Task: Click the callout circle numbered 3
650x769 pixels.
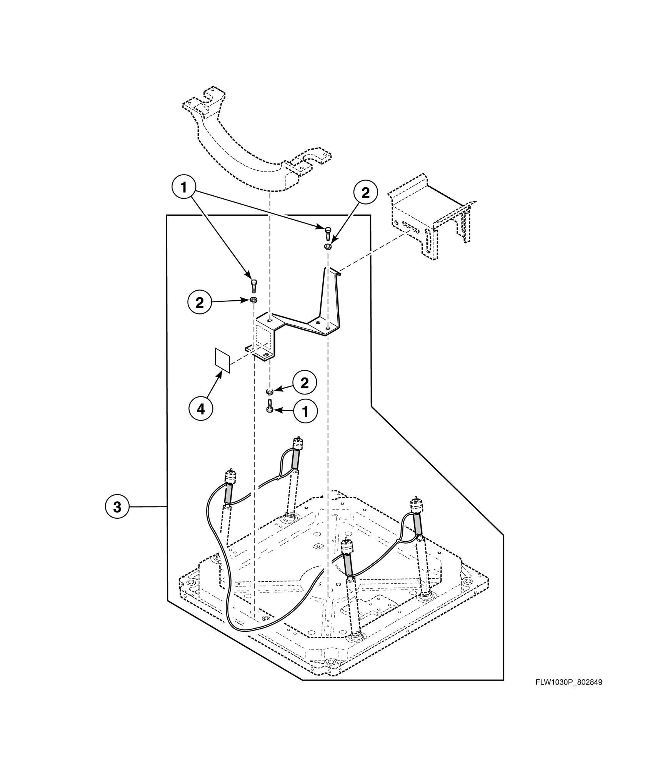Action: pyautogui.click(x=117, y=507)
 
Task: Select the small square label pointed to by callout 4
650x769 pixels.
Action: pyautogui.click(x=222, y=360)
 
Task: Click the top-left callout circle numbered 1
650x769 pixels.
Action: pyautogui.click(x=183, y=188)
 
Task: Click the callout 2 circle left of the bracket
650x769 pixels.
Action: pyautogui.click(x=200, y=303)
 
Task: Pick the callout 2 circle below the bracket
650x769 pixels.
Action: pyautogui.click(x=304, y=383)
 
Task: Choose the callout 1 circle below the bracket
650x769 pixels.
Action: pyautogui.click(x=305, y=412)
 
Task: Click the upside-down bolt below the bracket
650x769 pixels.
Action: pyautogui.click(x=270, y=406)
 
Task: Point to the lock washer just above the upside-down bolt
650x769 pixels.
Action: pyautogui.click(x=270, y=392)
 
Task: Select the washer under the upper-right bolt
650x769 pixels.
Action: pyautogui.click(x=328, y=246)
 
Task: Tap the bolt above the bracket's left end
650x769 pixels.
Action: pyautogui.click(x=253, y=286)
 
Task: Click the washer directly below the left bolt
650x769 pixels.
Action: pyautogui.click(x=253, y=300)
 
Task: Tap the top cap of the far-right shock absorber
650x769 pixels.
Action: pyautogui.click(x=416, y=504)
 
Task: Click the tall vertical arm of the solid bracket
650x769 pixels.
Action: pyautogui.click(x=330, y=296)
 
